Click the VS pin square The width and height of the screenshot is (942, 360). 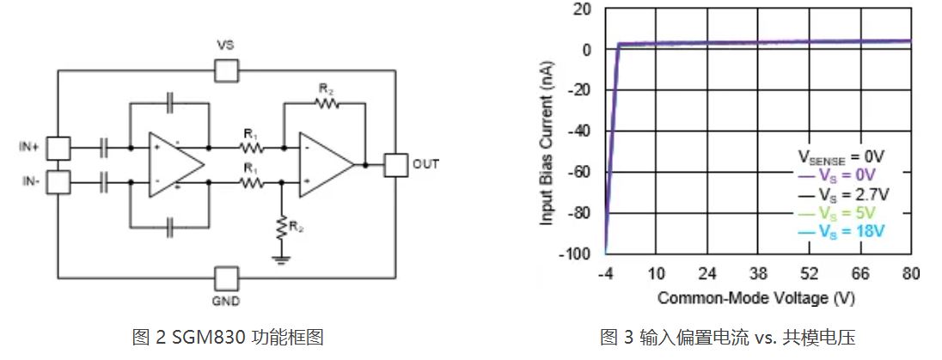[226, 70]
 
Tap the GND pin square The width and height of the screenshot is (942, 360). [226, 278]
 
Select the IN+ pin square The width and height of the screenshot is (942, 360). [58, 148]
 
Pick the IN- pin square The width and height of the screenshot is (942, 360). [58, 181]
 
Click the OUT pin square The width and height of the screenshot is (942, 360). [396, 164]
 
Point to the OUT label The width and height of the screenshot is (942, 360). [425, 164]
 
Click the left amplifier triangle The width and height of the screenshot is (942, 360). [174, 164]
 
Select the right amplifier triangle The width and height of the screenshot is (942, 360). [325, 164]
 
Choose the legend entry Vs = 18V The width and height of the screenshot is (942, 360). [844, 231]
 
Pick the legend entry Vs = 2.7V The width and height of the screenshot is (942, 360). [844, 194]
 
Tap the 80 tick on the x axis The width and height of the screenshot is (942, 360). [911, 274]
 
